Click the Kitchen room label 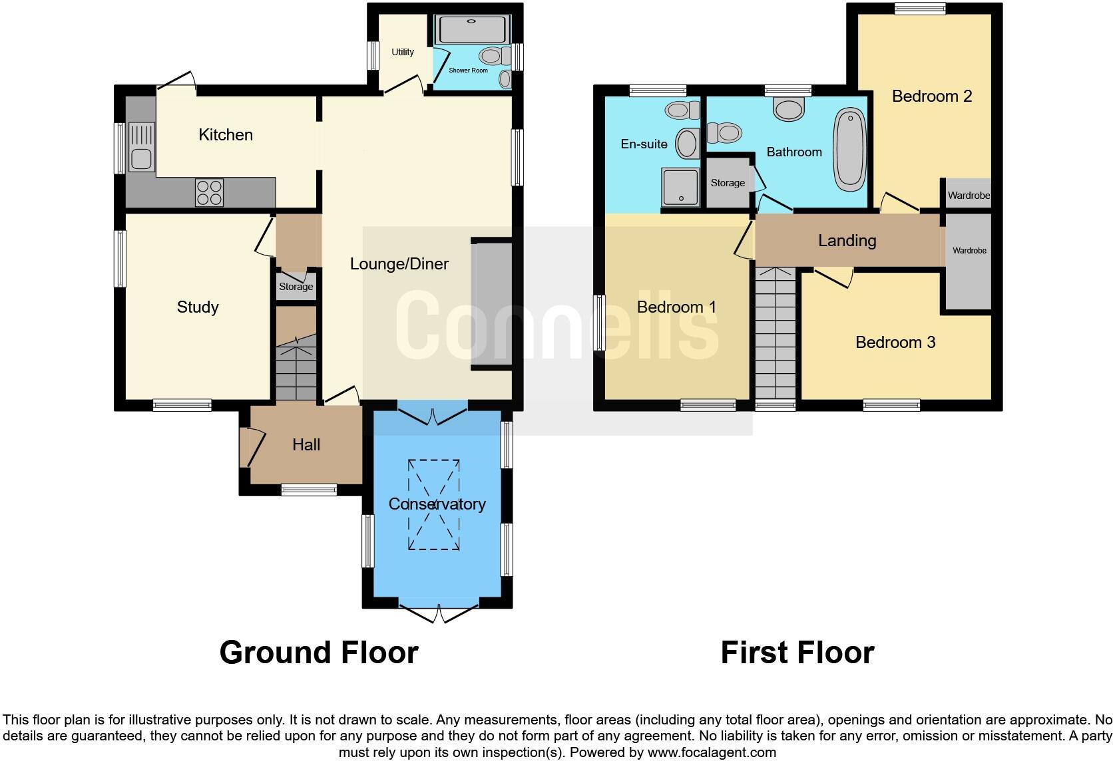click(226, 135)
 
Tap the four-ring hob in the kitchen click(209, 193)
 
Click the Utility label click(403, 52)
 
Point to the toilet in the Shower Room click(491, 55)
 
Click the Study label click(198, 307)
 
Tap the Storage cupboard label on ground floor click(296, 287)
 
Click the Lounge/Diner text click(399, 264)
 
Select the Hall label click(306, 444)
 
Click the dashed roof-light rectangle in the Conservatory click(434, 504)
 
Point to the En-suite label click(644, 144)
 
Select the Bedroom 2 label click(931, 96)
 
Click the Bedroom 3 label click(895, 343)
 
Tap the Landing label click(847, 240)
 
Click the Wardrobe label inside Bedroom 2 click(969, 196)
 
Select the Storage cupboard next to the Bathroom click(728, 182)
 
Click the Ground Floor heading click(319, 653)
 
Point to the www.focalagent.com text click(712, 753)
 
